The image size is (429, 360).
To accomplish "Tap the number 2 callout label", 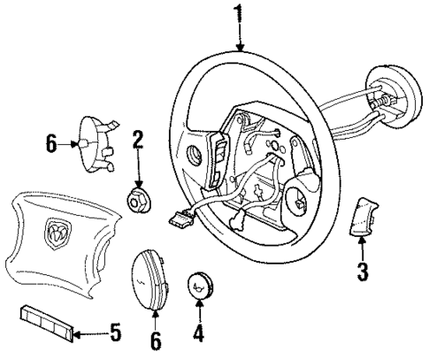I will click(138, 139).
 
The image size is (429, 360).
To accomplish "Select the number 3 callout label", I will click(362, 272).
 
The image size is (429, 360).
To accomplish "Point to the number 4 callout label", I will click(199, 335).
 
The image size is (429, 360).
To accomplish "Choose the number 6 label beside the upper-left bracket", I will click(51, 142).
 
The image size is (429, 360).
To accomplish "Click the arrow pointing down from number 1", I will click(237, 35).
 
